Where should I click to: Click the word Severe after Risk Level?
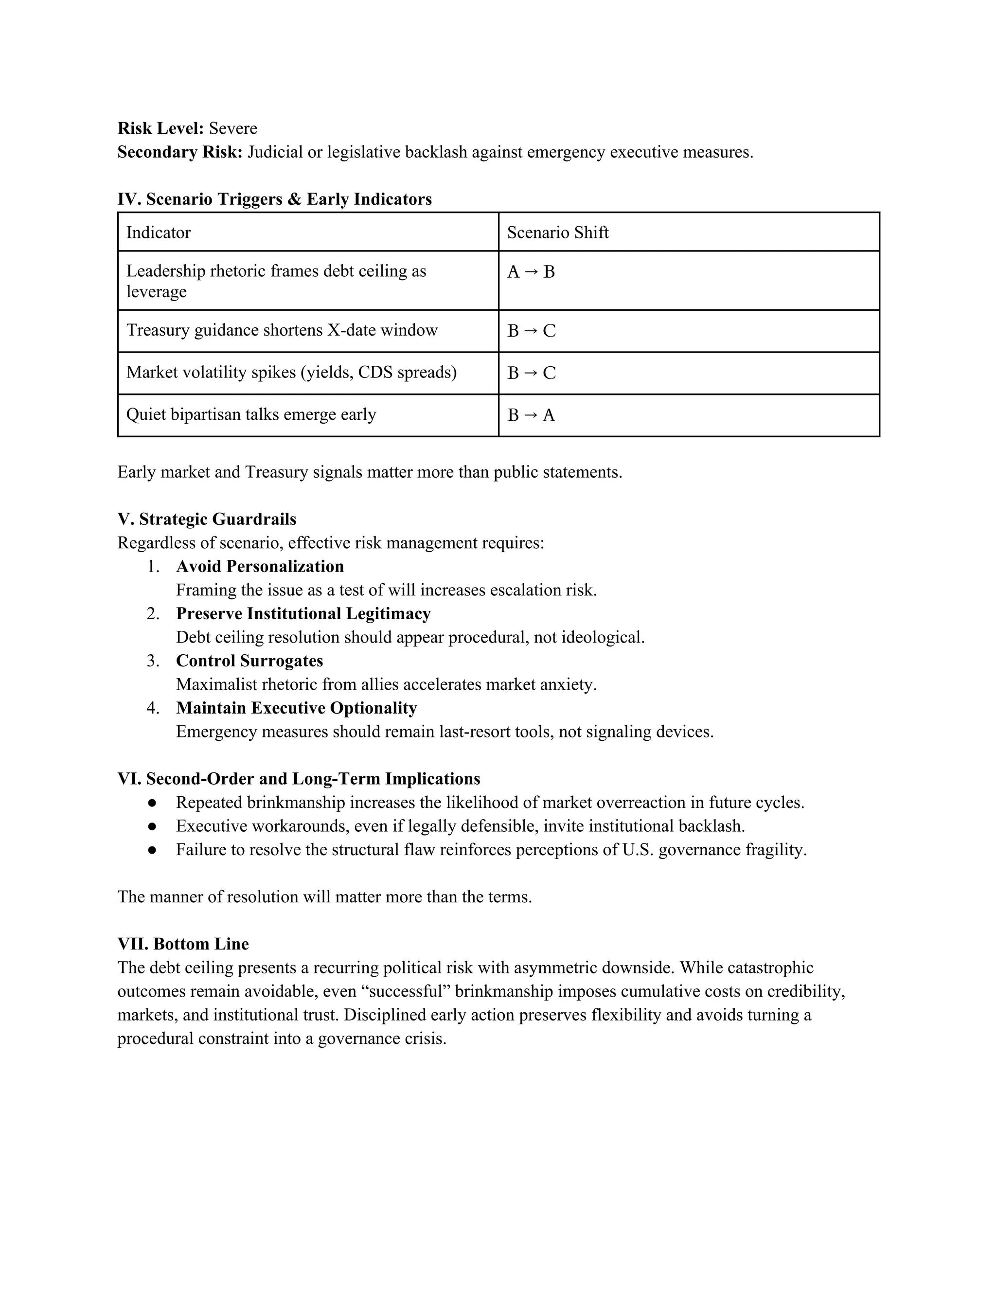(x=233, y=129)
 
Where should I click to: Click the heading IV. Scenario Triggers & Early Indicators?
(x=274, y=199)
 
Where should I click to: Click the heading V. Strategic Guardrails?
(x=207, y=519)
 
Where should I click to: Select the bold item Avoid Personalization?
(x=260, y=567)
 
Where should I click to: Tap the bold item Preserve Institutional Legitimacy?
(x=303, y=614)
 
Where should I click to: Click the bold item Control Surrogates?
(x=249, y=661)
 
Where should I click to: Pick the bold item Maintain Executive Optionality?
(x=296, y=708)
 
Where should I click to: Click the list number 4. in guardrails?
(x=153, y=708)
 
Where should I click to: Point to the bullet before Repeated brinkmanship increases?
(x=152, y=803)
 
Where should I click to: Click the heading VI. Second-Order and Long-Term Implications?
(x=299, y=779)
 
